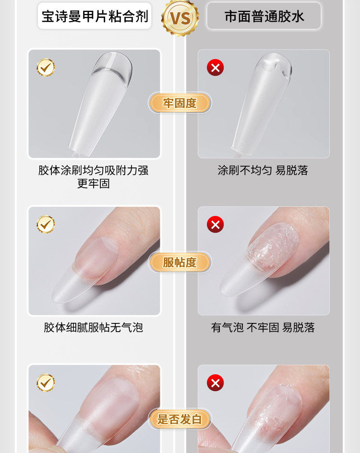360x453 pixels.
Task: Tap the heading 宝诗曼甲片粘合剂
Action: [94, 17]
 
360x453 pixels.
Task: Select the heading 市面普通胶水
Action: [264, 17]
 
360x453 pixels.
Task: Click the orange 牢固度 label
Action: [180, 103]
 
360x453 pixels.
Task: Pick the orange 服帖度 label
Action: [180, 262]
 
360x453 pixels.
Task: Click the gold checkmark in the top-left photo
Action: [46, 68]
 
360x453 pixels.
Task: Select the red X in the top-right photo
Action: [216, 68]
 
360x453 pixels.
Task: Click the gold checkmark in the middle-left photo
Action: [46, 224]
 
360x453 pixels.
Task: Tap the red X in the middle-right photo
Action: [216, 224]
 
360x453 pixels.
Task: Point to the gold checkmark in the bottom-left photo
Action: [46, 382]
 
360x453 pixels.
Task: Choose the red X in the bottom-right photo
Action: [216, 382]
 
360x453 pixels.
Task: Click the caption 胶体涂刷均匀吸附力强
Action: [94, 170]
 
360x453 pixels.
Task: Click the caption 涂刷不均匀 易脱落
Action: [263, 170]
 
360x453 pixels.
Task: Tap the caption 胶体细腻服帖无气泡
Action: [94, 328]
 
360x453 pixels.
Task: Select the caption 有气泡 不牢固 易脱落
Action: [263, 328]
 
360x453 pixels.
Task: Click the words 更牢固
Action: [94, 184]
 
